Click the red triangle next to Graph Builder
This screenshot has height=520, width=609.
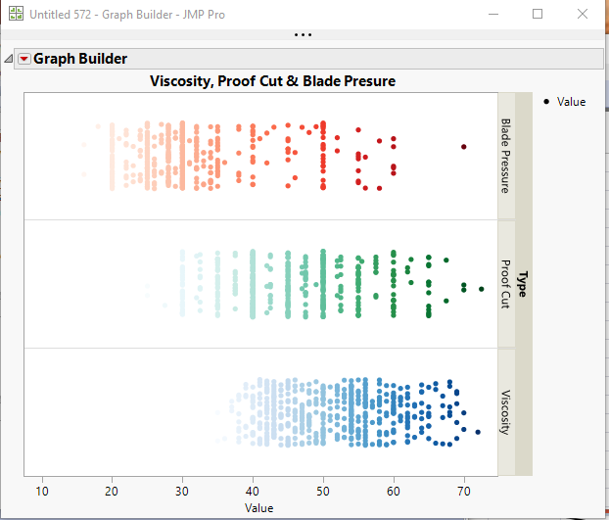pyautogui.click(x=24, y=59)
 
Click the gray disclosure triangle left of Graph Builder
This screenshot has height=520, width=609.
pyautogui.click(x=10, y=59)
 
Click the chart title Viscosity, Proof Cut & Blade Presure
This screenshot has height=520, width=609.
pyautogui.click(x=272, y=81)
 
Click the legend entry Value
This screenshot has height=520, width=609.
pyautogui.click(x=570, y=102)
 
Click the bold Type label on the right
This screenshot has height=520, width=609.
pyautogui.click(x=523, y=284)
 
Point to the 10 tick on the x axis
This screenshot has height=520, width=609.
pyautogui.click(x=41, y=491)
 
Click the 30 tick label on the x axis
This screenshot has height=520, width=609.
pyautogui.click(x=182, y=491)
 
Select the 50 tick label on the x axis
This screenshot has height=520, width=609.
pyautogui.click(x=323, y=491)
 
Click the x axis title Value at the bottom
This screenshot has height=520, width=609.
pyautogui.click(x=259, y=508)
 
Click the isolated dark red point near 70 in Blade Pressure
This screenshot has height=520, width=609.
pyautogui.click(x=464, y=147)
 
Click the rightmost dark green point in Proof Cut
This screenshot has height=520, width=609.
pyautogui.click(x=481, y=289)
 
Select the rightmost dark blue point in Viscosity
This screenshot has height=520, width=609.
pyautogui.click(x=478, y=432)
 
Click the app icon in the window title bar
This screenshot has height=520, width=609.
pyautogui.click(x=14, y=14)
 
